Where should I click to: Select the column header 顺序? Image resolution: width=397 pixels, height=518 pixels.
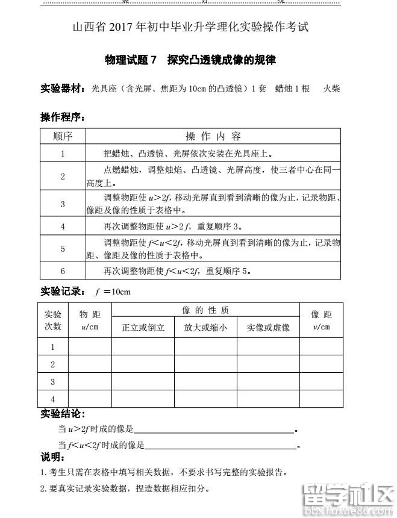point(63,136)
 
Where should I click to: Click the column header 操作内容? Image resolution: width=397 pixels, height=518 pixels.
point(213,136)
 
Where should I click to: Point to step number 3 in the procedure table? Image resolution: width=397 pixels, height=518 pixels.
point(63,204)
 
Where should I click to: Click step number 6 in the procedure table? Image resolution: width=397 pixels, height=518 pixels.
point(63,270)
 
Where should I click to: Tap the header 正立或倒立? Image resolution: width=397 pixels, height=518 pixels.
point(143,328)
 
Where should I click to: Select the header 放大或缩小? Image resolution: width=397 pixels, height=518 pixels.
point(205,328)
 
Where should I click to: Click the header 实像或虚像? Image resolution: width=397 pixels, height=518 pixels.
point(268,328)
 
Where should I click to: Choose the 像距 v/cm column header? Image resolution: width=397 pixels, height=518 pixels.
point(321,320)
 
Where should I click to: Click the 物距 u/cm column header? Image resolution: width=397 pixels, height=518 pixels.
point(90,320)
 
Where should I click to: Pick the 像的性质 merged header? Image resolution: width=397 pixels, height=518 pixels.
point(205,310)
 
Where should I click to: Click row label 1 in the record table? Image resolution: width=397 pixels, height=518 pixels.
point(53,347)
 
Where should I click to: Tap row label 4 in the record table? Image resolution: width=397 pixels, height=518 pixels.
point(53,399)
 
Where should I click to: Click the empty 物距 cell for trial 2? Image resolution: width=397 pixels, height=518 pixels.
point(90,364)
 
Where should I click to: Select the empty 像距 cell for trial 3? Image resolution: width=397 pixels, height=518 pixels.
point(321,382)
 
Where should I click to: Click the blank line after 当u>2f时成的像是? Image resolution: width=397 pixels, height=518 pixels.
point(214,429)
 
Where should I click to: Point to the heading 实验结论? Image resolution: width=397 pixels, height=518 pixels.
point(63,414)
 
